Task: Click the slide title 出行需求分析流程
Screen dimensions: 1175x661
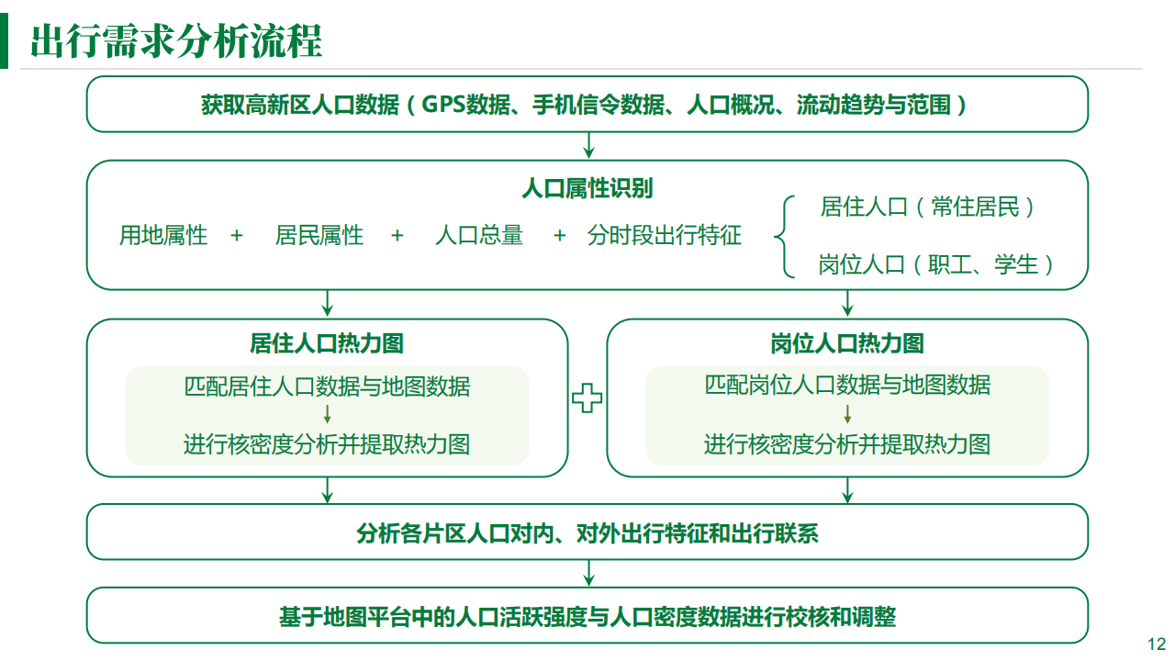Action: coord(176,41)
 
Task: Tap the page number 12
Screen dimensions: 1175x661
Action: coord(1157,644)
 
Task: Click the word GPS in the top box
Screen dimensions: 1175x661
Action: coord(443,105)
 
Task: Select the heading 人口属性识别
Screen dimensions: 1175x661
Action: coord(587,188)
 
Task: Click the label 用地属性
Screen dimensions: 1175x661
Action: coord(163,235)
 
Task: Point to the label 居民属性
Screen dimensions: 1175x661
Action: coord(319,235)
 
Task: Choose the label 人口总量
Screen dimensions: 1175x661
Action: coord(479,235)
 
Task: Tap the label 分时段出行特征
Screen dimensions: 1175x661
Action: coord(664,235)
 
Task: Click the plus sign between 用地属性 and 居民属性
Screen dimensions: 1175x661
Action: coord(237,236)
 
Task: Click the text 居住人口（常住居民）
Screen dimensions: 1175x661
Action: coord(927,207)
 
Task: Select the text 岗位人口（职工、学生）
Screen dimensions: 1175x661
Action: coord(935,264)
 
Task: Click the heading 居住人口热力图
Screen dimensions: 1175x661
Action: coord(326,343)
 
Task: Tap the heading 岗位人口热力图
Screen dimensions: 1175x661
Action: coord(847,343)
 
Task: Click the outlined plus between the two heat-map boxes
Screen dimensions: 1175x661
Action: coord(587,398)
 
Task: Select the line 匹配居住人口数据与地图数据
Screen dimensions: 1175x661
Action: coord(327,387)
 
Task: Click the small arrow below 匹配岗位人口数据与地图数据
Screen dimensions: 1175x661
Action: coord(847,414)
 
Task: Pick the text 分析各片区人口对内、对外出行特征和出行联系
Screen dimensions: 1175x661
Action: coord(587,534)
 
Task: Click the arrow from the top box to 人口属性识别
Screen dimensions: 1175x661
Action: coord(588,145)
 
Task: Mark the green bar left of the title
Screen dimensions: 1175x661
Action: coord(5,41)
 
